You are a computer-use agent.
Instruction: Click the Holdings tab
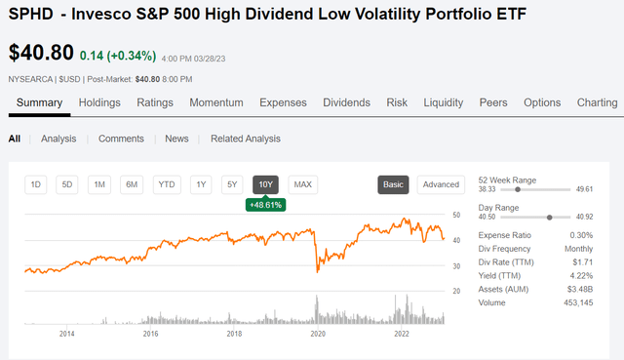point(98,102)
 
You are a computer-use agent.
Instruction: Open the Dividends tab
point(346,102)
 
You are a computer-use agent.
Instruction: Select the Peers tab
point(493,102)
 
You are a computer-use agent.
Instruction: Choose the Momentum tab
point(216,102)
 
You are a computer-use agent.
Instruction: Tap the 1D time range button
point(36,184)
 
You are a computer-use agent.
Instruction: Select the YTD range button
point(167,184)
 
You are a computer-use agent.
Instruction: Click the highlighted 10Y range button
point(265,184)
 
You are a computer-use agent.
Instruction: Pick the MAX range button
point(302,184)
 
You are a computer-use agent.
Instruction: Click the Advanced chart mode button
point(441,184)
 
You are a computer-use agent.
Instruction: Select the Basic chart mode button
point(393,184)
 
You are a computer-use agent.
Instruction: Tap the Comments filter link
point(121,139)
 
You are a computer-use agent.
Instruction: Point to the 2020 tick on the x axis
point(318,334)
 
